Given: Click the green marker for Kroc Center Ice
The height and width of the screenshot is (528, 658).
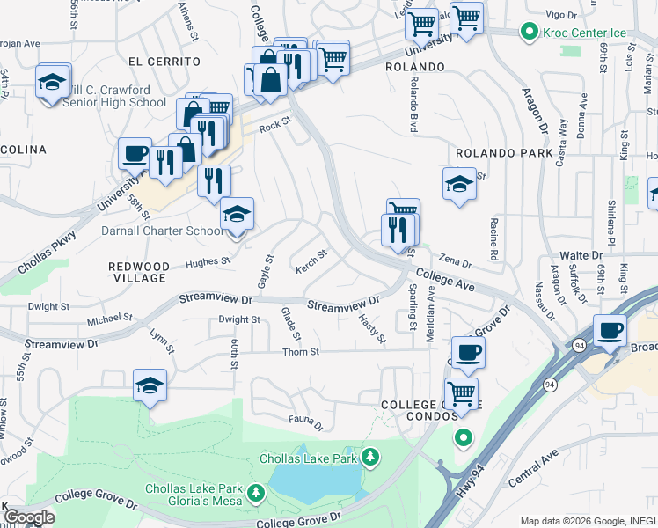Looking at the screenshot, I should pyautogui.click(x=528, y=33).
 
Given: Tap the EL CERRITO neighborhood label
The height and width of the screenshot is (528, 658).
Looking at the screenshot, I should pyautogui.click(x=164, y=62).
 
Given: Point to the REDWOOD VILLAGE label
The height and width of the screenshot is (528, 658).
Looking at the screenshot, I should pyautogui.click(x=137, y=271).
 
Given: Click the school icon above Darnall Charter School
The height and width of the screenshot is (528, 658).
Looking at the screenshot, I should pyautogui.click(x=237, y=214).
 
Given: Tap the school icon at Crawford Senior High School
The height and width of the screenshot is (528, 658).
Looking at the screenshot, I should pyautogui.click(x=53, y=82).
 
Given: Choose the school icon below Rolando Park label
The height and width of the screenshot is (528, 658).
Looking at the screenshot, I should pyautogui.click(x=458, y=184).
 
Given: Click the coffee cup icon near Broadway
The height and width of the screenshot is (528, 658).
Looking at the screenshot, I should pyautogui.click(x=610, y=331).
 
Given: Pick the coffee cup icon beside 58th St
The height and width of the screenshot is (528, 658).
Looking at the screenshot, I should pyautogui.click(x=135, y=154).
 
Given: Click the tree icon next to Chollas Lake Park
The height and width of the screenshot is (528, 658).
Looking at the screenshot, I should pyautogui.click(x=371, y=456).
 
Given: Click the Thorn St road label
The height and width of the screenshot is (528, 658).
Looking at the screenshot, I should pyautogui.click(x=300, y=352).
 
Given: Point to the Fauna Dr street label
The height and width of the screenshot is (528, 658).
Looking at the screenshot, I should pyautogui.click(x=307, y=422).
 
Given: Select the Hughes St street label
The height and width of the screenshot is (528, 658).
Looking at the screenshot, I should pyautogui.click(x=208, y=261).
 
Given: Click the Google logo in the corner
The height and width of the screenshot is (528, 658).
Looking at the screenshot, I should pyautogui.click(x=29, y=517).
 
